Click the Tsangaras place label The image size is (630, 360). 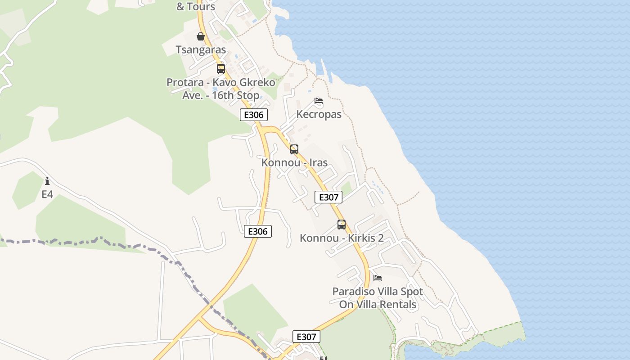pos(201,49)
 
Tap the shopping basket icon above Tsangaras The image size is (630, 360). pos(201,36)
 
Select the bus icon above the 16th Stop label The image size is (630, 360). pos(221,69)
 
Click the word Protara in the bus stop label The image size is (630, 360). pos(185,83)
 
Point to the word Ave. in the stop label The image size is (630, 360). pos(193,95)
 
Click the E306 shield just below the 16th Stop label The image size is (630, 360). pos(254,115)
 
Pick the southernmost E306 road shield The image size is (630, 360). pos(258,231)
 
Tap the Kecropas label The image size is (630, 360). pos(319,114)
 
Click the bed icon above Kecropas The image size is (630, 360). pos(319,101)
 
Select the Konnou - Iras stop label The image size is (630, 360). pos(294,162)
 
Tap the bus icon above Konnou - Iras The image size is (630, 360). pos(294,149)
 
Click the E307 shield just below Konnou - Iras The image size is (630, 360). pos(328,197)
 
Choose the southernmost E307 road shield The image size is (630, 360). pos(306,337)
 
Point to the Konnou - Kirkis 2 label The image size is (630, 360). pos(342,238)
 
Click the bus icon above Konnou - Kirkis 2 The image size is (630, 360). pos(342,225)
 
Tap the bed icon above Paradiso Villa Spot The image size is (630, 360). pos(378,278)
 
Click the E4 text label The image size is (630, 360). pos(47,194)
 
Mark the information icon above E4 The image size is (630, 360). pos(47,181)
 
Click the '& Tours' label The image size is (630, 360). pos(196,7)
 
